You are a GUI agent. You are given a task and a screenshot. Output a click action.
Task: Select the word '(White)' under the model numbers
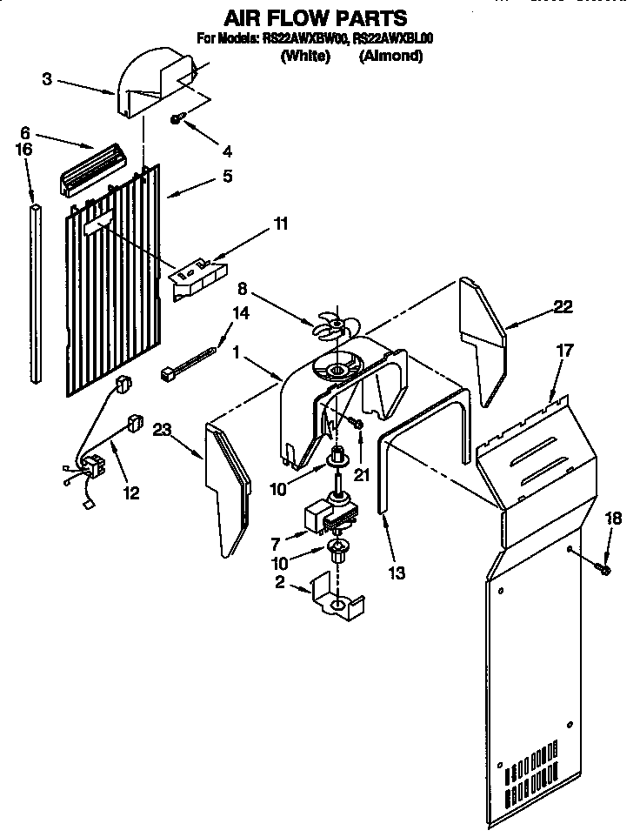point(305,57)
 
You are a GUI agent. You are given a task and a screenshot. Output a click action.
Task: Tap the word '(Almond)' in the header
point(390,57)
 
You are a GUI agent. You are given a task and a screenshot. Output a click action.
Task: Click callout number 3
point(47,80)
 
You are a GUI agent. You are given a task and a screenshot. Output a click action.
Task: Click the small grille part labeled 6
point(91,169)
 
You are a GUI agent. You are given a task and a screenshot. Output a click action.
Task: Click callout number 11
point(279,224)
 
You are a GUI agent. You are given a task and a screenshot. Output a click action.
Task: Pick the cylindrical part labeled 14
point(187,365)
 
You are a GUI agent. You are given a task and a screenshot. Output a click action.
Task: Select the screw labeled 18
point(604,569)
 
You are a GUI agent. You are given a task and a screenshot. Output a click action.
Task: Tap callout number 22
point(564,306)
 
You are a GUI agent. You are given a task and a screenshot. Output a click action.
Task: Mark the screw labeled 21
point(356,422)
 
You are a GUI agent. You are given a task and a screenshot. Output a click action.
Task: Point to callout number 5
point(226,176)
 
